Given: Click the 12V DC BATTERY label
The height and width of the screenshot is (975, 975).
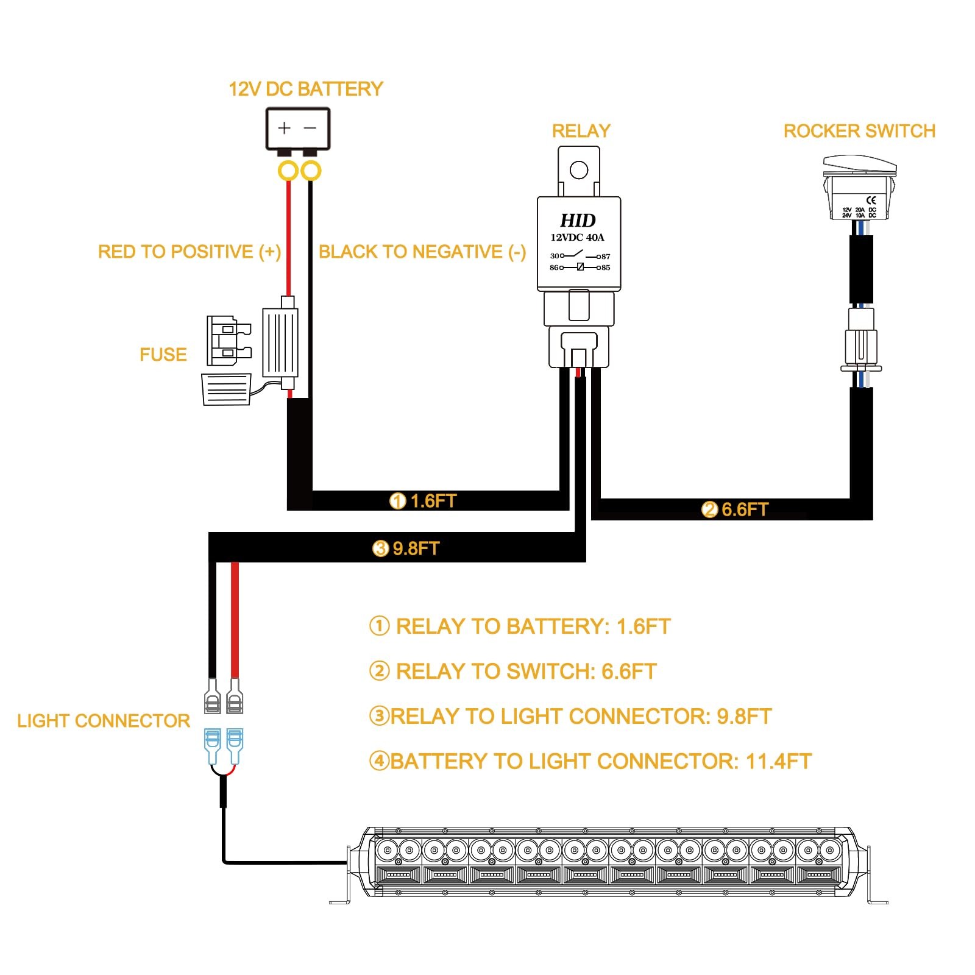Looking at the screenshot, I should pos(305,90).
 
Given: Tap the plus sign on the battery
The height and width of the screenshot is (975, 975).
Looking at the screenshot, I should pos(284,128).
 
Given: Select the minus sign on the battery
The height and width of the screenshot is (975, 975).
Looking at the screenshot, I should pos(310,128).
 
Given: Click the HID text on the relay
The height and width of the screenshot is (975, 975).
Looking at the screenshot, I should pos(578,220).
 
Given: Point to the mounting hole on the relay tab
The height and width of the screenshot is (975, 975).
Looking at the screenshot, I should pos(578,170).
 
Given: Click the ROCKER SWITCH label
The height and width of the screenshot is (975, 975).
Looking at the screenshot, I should pos(859,131).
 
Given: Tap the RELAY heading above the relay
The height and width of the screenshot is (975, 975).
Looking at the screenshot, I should pos(581,131).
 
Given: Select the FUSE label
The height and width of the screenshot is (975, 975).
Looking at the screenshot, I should pos(163,355).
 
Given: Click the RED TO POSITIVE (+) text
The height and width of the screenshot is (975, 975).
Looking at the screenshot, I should pos(190,252).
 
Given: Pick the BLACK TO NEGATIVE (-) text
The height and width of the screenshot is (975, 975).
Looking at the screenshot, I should pos(422,252).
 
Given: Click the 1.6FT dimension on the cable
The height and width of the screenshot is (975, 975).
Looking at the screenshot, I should pos(433,501).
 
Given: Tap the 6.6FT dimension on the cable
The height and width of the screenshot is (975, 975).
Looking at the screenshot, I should pos(745,509).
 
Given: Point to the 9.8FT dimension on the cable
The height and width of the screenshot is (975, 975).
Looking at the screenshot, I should pos(416,548).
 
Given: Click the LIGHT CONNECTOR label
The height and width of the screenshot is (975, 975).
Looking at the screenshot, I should pos(104,721).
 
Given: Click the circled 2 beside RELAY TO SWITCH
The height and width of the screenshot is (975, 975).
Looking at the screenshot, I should pos(379,671).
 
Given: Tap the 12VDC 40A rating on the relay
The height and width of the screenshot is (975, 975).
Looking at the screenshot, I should pos(577,238).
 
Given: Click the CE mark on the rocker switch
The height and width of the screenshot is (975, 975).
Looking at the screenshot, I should pos(871,200).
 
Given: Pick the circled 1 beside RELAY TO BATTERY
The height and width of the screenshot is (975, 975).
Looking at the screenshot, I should pos(379,626).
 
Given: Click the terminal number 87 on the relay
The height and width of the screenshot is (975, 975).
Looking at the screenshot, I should pos(604,257).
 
